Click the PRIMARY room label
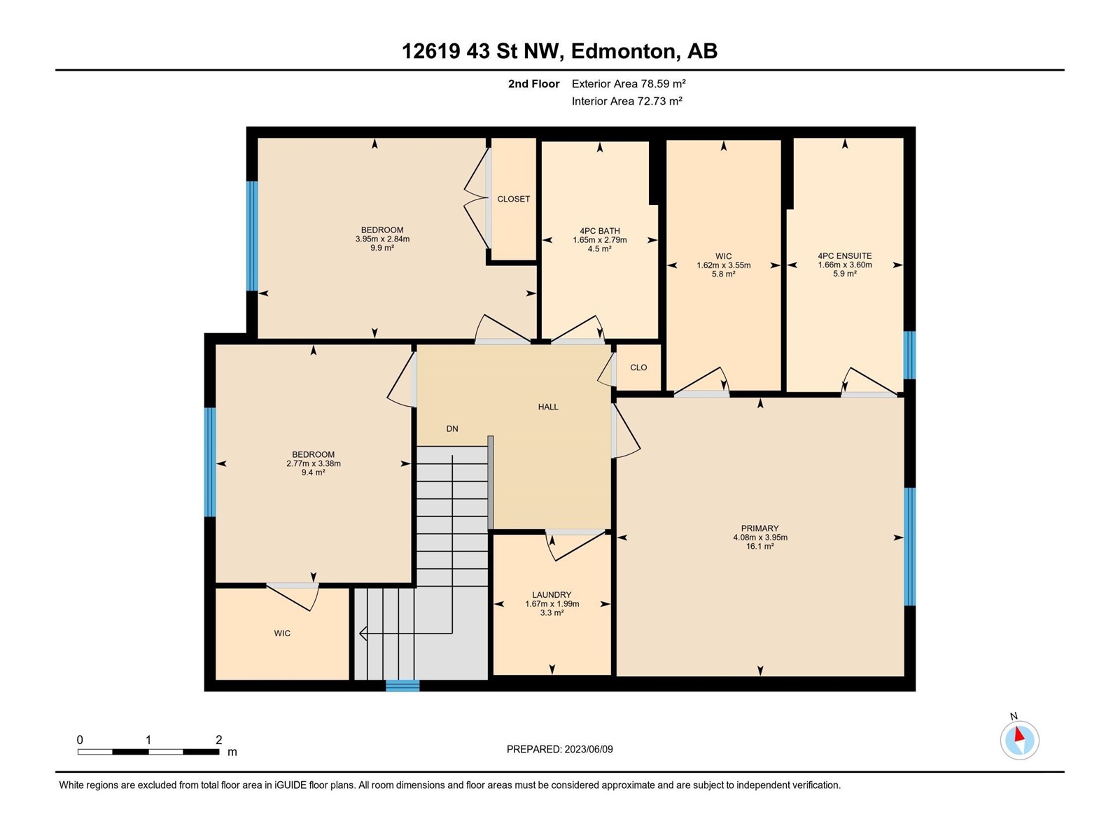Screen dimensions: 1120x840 coord(759,528)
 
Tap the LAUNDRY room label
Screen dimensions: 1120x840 coord(552,595)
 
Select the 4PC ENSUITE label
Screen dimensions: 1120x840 coord(844,256)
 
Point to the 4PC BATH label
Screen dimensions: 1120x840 coord(599,231)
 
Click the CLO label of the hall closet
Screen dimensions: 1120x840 coord(638,367)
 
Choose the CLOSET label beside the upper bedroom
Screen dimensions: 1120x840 coord(513,199)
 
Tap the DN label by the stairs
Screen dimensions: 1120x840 coord(452,429)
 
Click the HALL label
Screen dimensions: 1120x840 coord(548,407)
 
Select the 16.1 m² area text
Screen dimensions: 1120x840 coord(759,546)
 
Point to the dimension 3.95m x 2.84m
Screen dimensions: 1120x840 coord(382,239)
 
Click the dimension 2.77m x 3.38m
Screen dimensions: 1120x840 coord(314,463)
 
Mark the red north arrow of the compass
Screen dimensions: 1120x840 coord(1018,734)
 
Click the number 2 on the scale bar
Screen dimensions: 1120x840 coord(219,739)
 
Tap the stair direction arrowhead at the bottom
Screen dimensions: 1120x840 coord(363,633)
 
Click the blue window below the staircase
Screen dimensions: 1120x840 coord(402,685)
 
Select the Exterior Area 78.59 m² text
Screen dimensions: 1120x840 coord(629,83)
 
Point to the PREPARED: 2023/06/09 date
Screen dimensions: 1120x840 coord(560,749)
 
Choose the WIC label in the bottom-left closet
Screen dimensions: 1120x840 coord(282,633)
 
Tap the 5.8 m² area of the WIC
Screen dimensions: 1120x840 coord(724,274)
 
